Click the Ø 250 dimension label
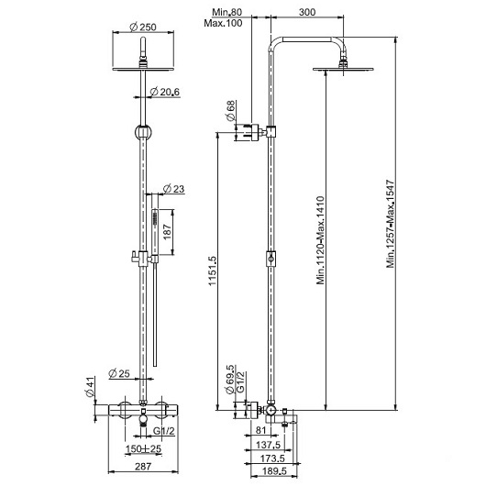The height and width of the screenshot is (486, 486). point(143,28)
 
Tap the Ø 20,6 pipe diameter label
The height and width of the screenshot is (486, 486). point(164,92)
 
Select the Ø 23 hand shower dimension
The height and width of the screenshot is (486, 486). point(173,189)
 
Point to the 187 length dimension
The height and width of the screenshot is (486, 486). point(167,232)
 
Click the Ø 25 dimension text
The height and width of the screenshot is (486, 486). point(119,373)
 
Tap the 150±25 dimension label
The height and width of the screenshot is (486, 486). point(143,448)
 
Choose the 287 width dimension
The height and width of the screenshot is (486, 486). point(143,466)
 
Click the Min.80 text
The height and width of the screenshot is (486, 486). point(226,12)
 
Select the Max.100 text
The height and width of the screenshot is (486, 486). point(223,23)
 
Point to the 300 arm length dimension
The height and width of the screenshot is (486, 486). point(307,12)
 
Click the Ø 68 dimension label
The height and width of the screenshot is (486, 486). point(230,111)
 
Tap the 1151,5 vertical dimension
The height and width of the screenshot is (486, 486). point(213,271)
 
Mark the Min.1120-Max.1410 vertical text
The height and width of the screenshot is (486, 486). point(321,240)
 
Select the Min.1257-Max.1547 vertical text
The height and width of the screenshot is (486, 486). point(391,224)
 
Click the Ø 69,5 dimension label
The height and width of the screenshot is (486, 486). point(230,380)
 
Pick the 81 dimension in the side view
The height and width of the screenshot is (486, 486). point(260,430)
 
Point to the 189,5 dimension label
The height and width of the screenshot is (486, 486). point(274,471)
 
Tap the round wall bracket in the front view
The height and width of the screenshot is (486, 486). point(143,132)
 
